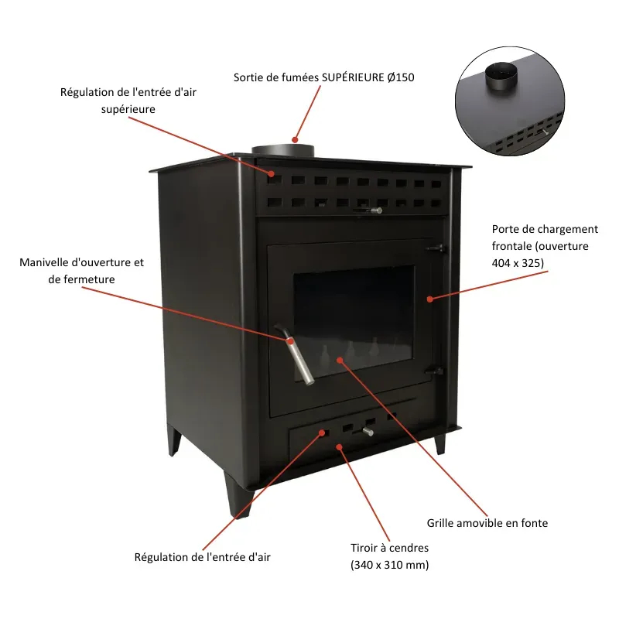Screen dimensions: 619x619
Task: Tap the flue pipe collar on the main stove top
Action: pos(282,150)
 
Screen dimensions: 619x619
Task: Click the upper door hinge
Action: pos(436,248)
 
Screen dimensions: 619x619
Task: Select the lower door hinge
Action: pos(435,371)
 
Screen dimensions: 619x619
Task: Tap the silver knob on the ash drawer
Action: pos(368,431)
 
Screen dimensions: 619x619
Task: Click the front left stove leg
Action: pos(238,494)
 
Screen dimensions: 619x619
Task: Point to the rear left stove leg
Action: pos(173,440)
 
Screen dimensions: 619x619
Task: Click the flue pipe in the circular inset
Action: pos(501,76)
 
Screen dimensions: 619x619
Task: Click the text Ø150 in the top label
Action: pos(401,77)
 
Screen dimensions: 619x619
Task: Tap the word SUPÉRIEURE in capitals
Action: pos(353,77)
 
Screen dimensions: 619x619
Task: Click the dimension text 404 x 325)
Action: pos(518,263)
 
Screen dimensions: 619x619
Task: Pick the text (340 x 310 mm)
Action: pos(390,565)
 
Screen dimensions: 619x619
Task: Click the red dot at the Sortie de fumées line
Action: pos(295,140)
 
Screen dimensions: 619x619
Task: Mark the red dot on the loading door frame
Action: pos(430,299)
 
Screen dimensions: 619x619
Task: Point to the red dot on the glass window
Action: pos(340,360)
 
